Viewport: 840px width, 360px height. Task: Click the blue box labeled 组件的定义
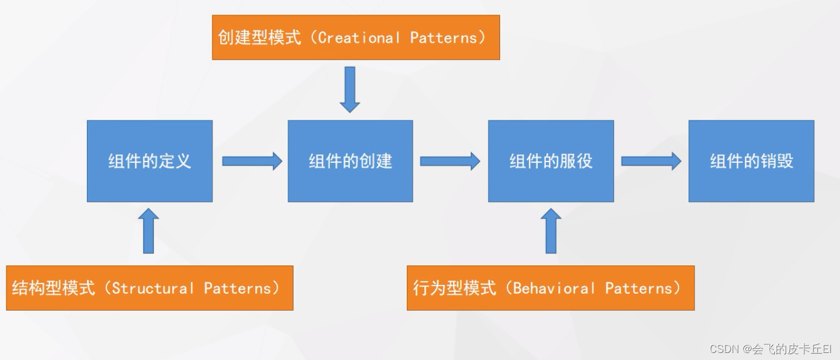(150, 161)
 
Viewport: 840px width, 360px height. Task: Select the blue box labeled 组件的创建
(350, 161)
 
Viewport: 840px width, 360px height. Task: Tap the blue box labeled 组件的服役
(551, 161)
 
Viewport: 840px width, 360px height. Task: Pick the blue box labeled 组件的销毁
(751, 161)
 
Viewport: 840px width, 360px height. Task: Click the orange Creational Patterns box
(356, 38)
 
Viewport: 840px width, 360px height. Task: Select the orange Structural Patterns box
(150, 288)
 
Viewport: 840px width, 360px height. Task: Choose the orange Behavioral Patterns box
(551, 288)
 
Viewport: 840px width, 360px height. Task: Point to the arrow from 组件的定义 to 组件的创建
(252, 161)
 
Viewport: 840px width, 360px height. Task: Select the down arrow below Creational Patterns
(350, 89)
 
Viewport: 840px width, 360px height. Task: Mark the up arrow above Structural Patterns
(149, 231)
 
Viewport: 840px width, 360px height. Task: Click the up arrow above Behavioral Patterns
(551, 231)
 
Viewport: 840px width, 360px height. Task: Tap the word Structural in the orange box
(153, 288)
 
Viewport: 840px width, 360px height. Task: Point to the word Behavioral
(554, 288)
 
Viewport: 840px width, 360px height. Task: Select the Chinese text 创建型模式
(259, 38)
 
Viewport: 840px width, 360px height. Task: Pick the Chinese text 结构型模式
(53, 288)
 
